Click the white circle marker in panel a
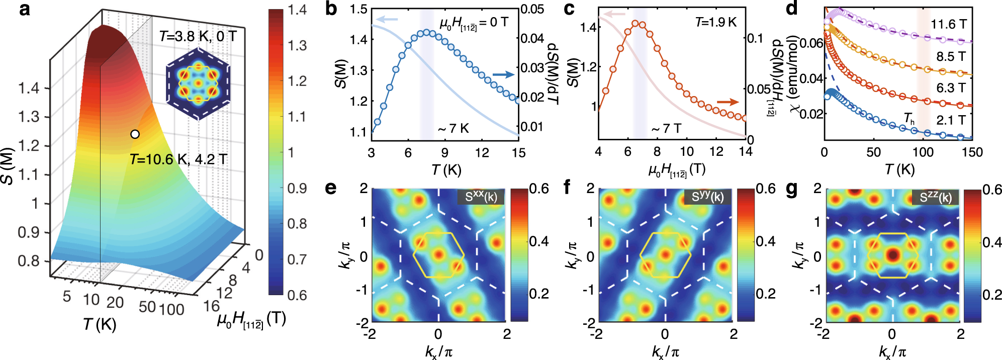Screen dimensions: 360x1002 135,134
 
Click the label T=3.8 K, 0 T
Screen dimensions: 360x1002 198,36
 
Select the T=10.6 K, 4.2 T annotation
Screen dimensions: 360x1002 178,159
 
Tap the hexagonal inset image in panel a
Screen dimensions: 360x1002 198,84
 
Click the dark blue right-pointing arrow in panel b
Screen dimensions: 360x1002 503,75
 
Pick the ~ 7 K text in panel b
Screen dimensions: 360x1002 453,129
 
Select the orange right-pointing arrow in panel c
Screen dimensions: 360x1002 727,102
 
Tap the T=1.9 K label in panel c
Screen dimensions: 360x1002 716,22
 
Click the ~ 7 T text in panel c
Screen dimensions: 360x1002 666,129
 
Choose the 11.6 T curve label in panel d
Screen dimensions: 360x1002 948,24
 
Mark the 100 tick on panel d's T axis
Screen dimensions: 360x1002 923,152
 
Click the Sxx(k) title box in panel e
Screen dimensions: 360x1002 481,197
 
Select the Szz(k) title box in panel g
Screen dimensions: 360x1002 935,197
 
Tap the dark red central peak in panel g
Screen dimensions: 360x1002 893,255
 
